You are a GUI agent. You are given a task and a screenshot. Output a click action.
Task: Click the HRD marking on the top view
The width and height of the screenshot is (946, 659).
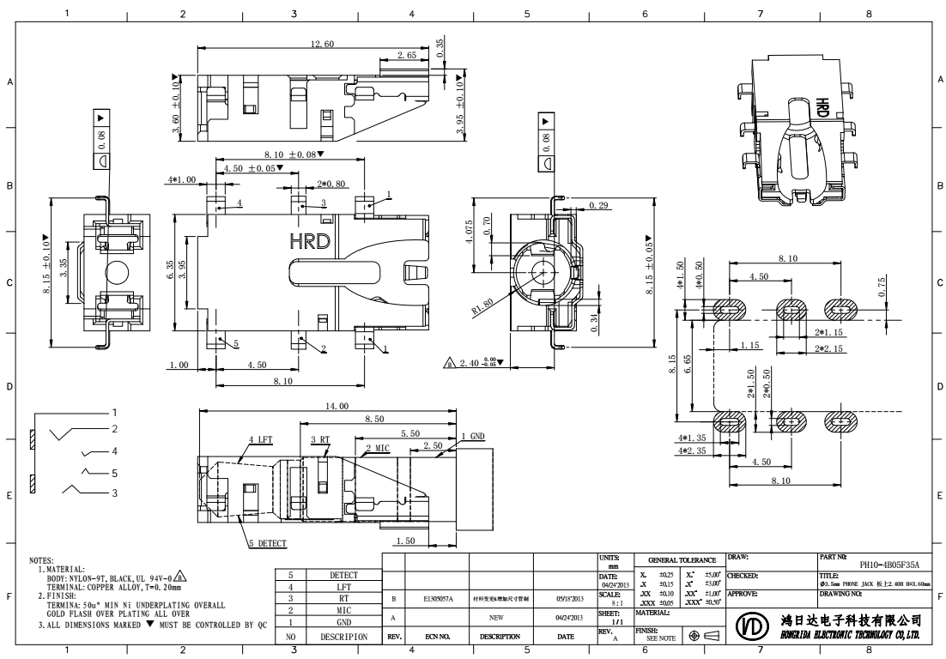[310, 241]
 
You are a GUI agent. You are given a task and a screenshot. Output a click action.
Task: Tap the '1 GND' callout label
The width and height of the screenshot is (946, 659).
[473, 437]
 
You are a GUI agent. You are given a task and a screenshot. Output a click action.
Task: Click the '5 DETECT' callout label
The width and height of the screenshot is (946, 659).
[268, 543]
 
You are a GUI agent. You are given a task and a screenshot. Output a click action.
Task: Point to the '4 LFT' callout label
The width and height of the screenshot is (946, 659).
[263, 439]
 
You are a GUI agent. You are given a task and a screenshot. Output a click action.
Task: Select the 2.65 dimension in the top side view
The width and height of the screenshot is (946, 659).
[408, 55]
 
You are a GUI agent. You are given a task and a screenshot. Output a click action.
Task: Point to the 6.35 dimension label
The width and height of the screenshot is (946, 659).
[170, 269]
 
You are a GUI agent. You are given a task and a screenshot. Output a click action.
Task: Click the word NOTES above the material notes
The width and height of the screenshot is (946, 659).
[41, 560]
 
